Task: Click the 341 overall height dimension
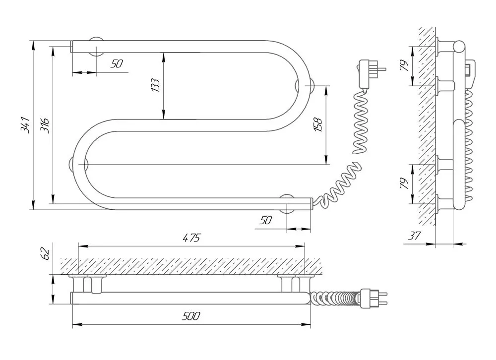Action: (x=25, y=124)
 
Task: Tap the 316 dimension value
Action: (x=45, y=125)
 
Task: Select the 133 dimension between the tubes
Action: (x=155, y=85)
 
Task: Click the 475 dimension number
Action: (x=191, y=238)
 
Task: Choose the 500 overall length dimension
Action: (x=191, y=316)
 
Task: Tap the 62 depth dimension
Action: (x=45, y=253)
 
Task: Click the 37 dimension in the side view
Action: (x=414, y=236)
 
